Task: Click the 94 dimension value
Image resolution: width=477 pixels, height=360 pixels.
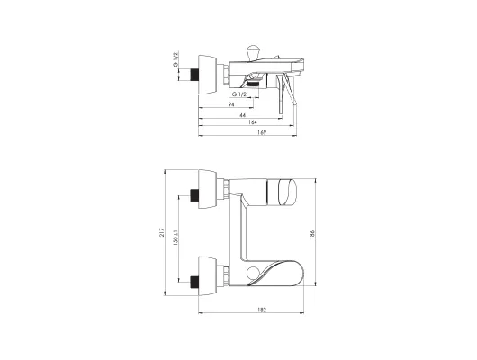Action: click(x=231, y=104)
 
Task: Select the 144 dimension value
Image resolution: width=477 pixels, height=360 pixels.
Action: click(x=241, y=115)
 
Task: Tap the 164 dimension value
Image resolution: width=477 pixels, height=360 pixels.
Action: click(x=253, y=122)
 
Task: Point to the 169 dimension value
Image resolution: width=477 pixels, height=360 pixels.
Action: click(x=262, y=132)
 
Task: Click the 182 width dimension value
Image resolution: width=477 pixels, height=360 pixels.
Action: click(x=262, y=310)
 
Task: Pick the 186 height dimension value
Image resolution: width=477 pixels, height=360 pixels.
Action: click(x=311, y=235)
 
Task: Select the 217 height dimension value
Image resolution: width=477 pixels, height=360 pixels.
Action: click(x=161, y=232)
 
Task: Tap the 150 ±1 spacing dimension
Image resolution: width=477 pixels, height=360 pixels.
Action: click(x=175, y=237)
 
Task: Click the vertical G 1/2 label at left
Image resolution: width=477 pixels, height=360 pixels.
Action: click(x=175, y=59)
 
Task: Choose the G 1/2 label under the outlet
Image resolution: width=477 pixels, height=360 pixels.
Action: click(x=239, y=94)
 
